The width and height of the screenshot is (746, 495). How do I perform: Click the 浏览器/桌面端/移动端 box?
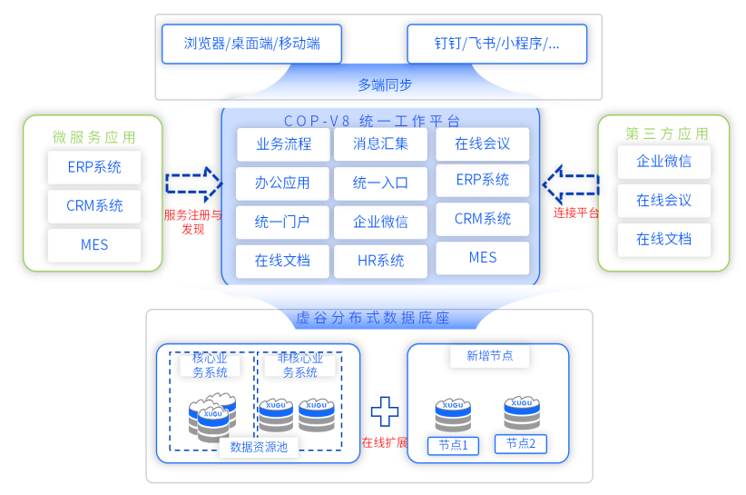[251, 44]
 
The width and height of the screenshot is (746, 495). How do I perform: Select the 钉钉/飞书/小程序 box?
[496, 44]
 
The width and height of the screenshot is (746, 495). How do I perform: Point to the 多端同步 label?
[384, 84]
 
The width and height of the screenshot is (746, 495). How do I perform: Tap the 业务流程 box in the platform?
[283, 144]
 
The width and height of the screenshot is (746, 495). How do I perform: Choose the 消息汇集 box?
[380, 144]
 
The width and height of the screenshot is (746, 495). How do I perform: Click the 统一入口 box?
[380, 183]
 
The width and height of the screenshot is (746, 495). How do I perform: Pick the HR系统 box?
[380, 261]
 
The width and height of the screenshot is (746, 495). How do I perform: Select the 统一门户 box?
[283, 222]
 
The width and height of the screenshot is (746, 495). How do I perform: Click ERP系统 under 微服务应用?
[93, 167]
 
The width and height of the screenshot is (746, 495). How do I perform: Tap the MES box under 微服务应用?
[93, 245]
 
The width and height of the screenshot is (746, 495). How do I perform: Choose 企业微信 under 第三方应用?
[663, 162]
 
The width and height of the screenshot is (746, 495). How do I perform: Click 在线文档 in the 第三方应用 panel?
[663, 239]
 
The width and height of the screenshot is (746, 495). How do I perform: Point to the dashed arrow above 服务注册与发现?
[193, 184]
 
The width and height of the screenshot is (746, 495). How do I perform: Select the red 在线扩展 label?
[384, 443]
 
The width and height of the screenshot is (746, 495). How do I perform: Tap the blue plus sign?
[384, 411]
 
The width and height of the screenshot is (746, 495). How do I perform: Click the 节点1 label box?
[452, 445]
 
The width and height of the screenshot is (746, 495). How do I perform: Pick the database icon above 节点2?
[522, 413]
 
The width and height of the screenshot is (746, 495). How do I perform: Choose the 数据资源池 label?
[259, 447]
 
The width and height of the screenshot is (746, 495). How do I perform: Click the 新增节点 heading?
[489, 356]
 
